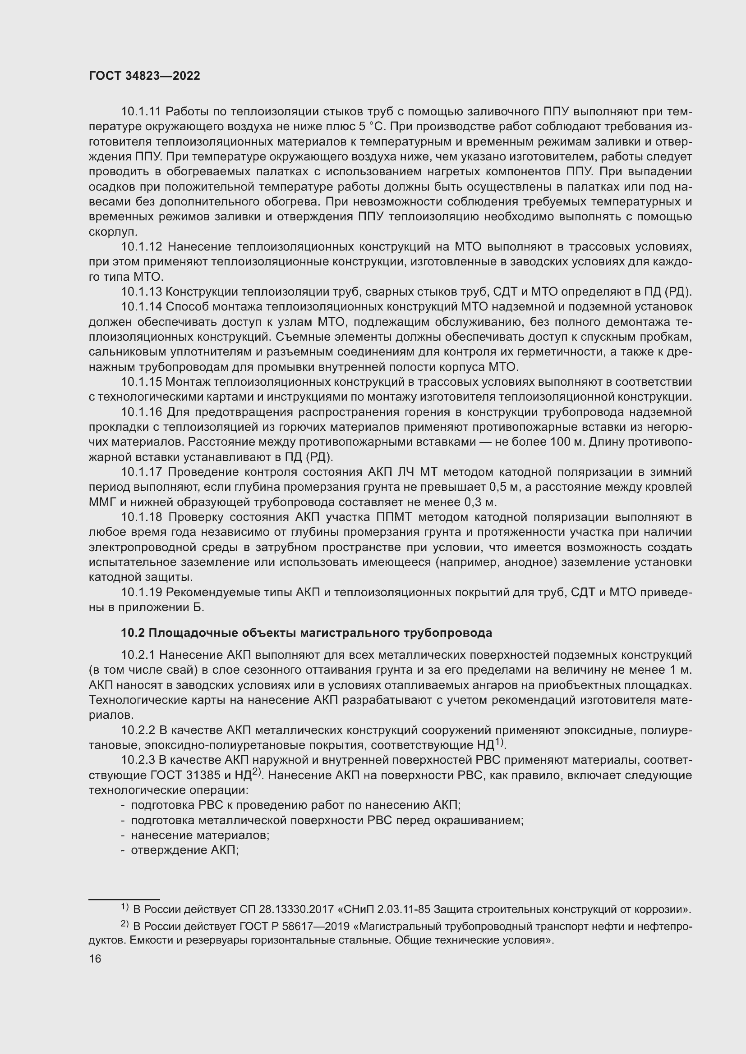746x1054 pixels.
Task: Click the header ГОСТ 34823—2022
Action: point(144,76)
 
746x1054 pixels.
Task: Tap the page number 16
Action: point(95,959)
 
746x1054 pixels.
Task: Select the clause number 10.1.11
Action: point(141,112)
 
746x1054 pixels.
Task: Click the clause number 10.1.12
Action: point(142,247)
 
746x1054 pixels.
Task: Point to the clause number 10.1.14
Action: point(142,307)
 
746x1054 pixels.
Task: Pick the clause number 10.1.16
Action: point(142,412)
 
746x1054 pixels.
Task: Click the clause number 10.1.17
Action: point(142,472)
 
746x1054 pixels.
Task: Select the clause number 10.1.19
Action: point(142,593)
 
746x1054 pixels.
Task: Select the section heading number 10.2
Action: point(132,633)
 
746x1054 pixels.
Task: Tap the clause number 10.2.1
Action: point(138,655)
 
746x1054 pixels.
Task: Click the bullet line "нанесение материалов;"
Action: point(200,835)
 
